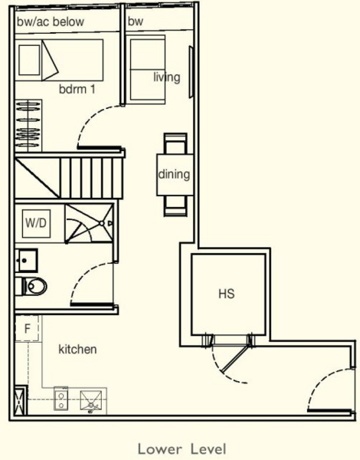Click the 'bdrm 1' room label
[x=77, y=89]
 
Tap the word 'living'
[x=166, y=77]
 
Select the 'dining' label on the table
[x=174, y=174]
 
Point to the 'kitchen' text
[x=77, y=350]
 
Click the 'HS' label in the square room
[x=226, y=294]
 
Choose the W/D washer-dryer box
[x=36, y=225]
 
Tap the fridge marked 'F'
[x=27, y=329]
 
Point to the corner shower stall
[x=90, y=223]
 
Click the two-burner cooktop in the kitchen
[x=62, y=399]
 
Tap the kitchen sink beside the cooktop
[x=93, y=399]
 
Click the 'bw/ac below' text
[x=51, y=22]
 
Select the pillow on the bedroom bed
[x=30, y=58]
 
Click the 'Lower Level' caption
[x=182, y=448]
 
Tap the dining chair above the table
[x=175, y=143]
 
